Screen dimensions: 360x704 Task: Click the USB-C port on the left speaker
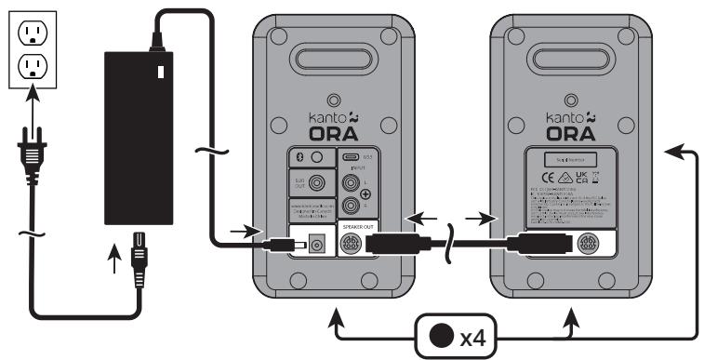354,157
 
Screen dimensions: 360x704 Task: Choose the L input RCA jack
353,184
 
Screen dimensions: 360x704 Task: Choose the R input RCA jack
353,207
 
